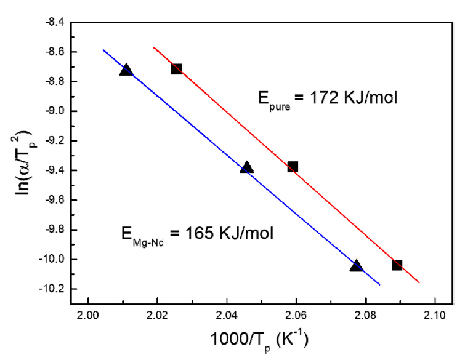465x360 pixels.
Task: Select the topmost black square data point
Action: pyautogui.click(x=176, y=69)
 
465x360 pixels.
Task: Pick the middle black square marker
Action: pyautogui.click(x=293, y=167)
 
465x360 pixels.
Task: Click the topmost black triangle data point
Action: pyautogui.click(x=126, y=70)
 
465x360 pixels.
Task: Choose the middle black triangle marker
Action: pyautogui.click(x=247, y=167)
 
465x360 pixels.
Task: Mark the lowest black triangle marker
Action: pyautogui.click(x=356, y=266)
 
